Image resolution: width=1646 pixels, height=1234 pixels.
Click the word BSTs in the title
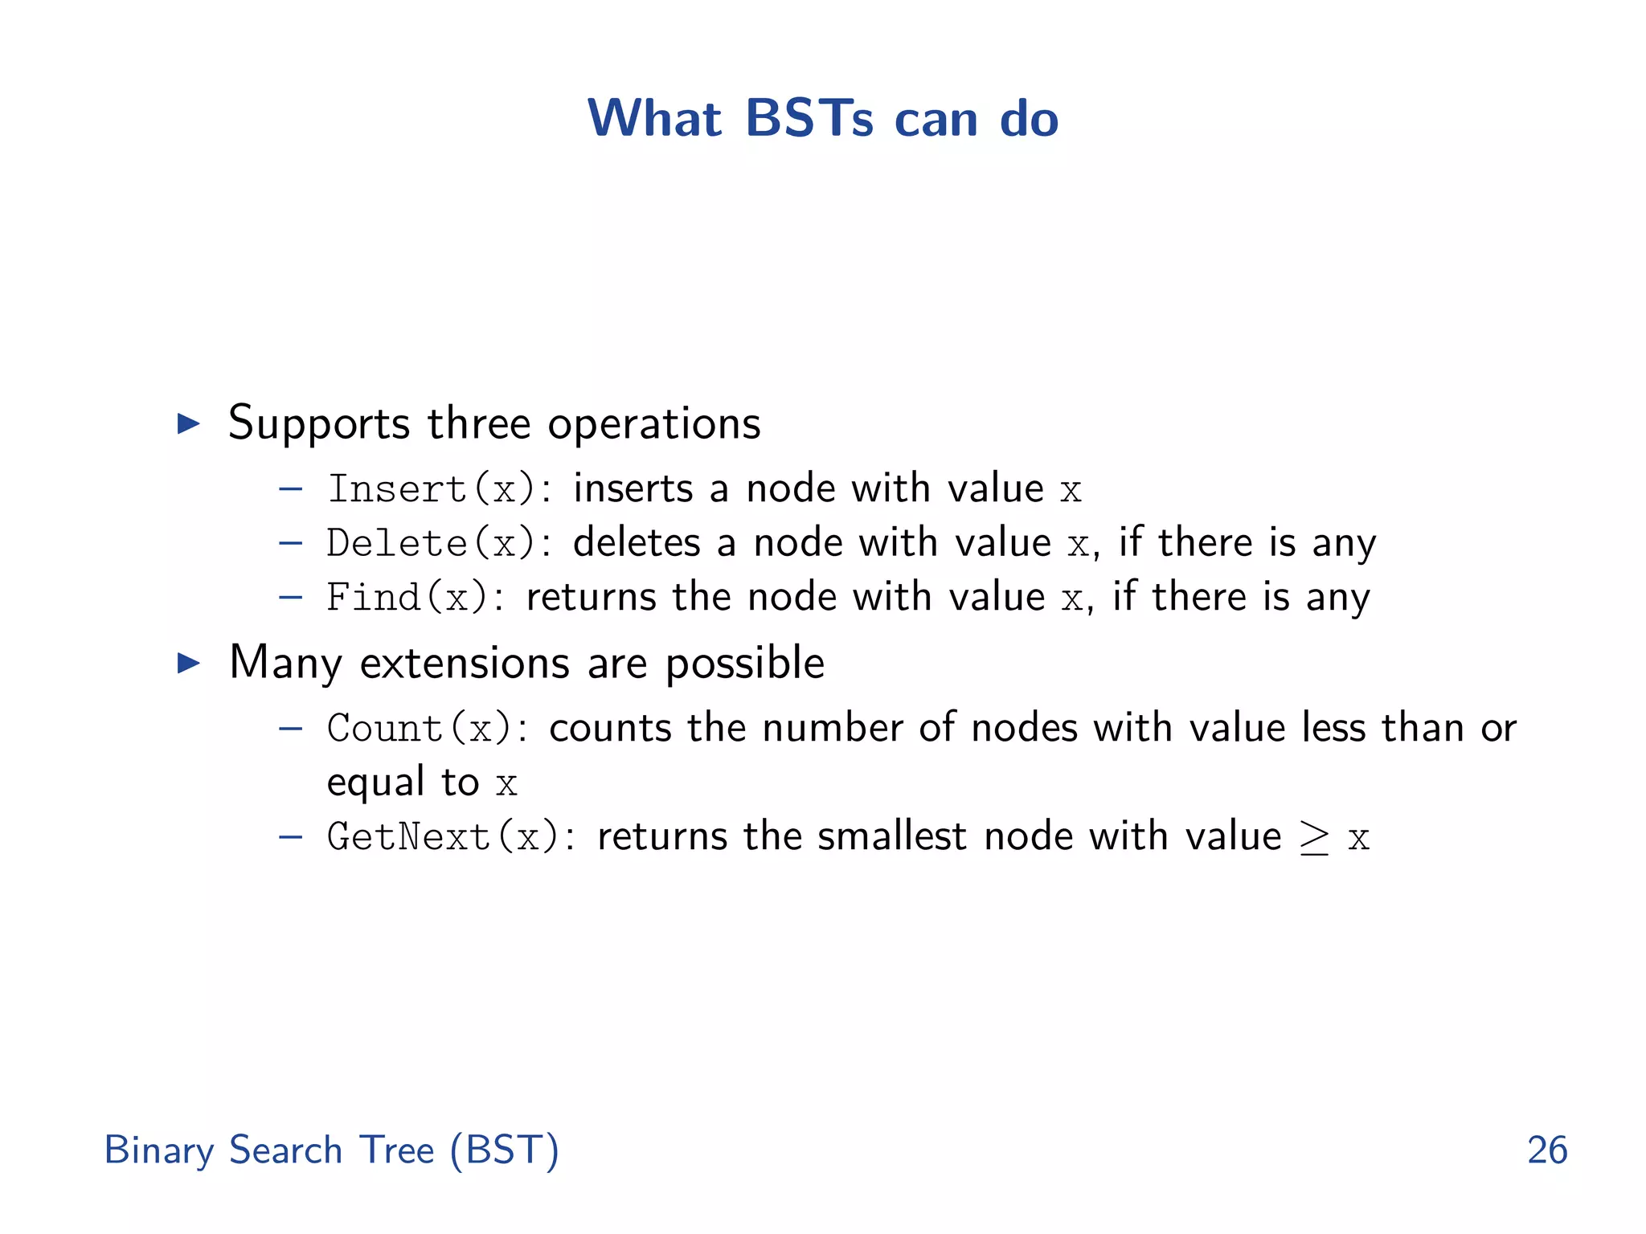(809, 119)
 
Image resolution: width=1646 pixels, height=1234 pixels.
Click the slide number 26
(1546, 1150)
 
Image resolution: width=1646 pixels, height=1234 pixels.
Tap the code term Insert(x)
(431, 489)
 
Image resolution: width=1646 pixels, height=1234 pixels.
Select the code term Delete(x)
(431, 543)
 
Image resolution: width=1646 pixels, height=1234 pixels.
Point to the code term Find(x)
(407, 598)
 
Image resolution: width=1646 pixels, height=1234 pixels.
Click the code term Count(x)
(419, 729)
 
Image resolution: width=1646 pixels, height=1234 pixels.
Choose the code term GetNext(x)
(443, 837)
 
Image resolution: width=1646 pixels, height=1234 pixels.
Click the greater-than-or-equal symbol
(1314, 839)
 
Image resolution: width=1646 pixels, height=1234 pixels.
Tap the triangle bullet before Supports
(189, 423)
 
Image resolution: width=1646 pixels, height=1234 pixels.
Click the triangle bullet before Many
(189, 663)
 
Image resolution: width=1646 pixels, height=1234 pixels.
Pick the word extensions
(465, 664)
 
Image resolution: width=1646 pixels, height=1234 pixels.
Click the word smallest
(891, 836)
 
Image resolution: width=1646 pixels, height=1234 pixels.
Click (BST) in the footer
(504, 1150)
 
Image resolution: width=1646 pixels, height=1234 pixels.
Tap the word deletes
(637, 542)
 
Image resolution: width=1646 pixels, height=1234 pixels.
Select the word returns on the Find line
(592, 597)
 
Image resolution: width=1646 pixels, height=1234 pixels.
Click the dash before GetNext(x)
(290, 837)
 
